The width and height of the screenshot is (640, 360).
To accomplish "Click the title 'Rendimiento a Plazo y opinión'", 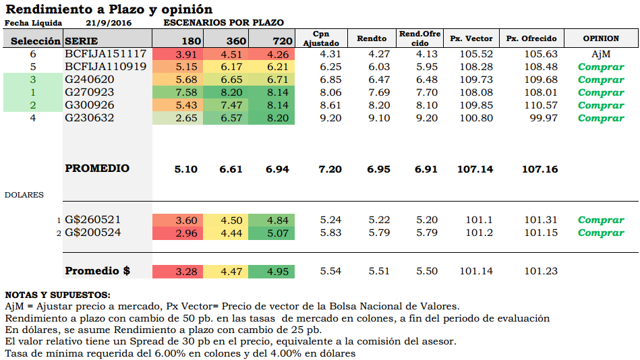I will coord(109,9).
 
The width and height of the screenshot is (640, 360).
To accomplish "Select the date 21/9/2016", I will coord(109,23).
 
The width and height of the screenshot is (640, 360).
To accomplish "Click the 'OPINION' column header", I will coord(600,38).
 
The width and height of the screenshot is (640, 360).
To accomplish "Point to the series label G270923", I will coord(90,92).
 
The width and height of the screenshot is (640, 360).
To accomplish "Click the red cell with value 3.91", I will coord(185,55).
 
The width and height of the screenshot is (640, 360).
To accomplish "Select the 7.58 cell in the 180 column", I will coord(185,92).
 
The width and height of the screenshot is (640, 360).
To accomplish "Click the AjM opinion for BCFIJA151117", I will coord(600,54).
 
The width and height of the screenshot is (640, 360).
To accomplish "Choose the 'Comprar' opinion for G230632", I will coord(600,118).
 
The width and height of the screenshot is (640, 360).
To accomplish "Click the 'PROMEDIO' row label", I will coord(97,169).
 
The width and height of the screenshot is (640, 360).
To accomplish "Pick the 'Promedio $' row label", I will coord(97,271).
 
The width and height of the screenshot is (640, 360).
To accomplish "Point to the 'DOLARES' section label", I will coord(24,195).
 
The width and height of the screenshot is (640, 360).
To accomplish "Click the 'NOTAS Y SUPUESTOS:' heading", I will coord(57,295).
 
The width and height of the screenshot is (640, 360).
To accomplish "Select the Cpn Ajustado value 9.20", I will coord(330,118).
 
